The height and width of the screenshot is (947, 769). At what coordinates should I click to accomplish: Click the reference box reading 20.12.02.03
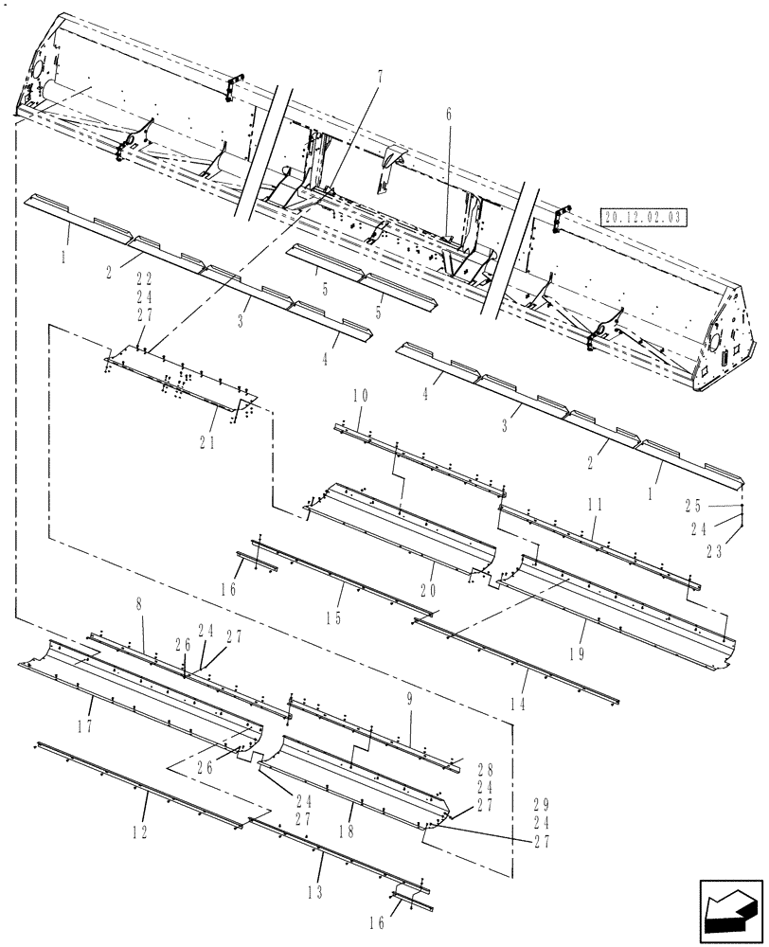pos(644,218)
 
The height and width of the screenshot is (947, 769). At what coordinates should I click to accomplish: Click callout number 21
pos(207,442)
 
